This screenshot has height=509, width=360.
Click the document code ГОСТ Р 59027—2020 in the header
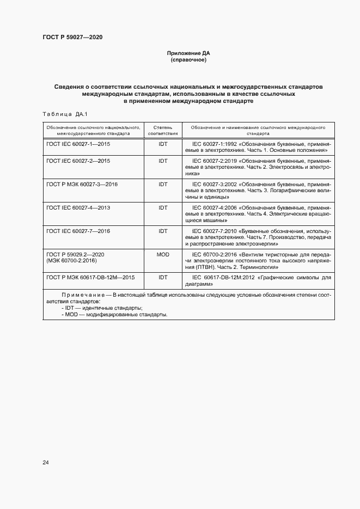tap(72, 37)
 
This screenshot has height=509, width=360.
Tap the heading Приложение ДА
tap(188, 53)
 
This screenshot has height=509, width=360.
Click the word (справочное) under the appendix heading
tap(188, 60)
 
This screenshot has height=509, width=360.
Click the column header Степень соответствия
tap(163, 130)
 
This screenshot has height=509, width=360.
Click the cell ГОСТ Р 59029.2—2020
tap(76, 254)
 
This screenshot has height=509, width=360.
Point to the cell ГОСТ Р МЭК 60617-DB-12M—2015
tap(90, 277)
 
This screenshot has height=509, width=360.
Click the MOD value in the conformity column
tap(163, 254)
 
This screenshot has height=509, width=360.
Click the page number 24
tap(46, 463)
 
